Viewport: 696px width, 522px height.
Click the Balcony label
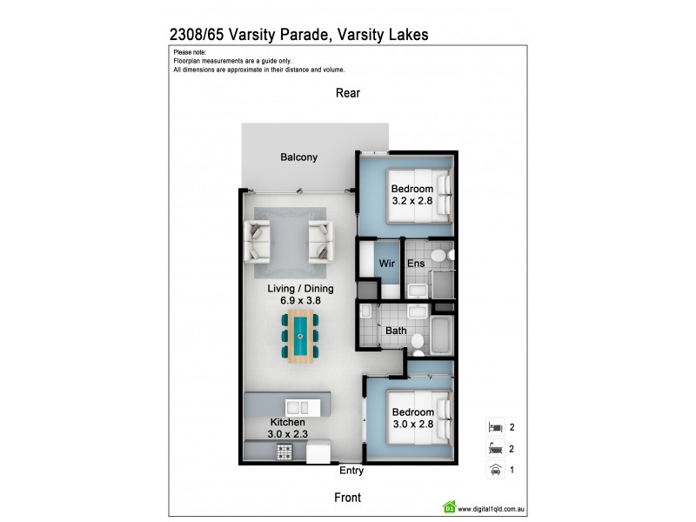[x=298, y=157]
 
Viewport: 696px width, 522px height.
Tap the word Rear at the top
[x=348, y=93]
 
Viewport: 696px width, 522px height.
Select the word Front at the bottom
[x=348, y=498]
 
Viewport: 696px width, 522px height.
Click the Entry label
[x=351, y=471]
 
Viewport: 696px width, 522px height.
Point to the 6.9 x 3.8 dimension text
[x=300, y=300]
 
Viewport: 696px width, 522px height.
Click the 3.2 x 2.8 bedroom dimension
[x=412, y=201]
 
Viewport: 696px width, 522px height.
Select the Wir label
[x=385, y=263]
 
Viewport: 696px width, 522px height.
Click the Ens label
[x=416, y=263]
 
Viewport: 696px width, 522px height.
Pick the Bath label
[x=397, y=331]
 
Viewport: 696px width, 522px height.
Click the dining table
[x=300, y=335]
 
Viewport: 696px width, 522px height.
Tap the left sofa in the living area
[x=258, y=239]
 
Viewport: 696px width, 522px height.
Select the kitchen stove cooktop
[x=284, y=452]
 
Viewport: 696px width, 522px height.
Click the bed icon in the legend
[x=494, y=428]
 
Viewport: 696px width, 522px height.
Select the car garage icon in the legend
[x=494, y=471]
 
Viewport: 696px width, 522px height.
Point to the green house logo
[x=451, y=506]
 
